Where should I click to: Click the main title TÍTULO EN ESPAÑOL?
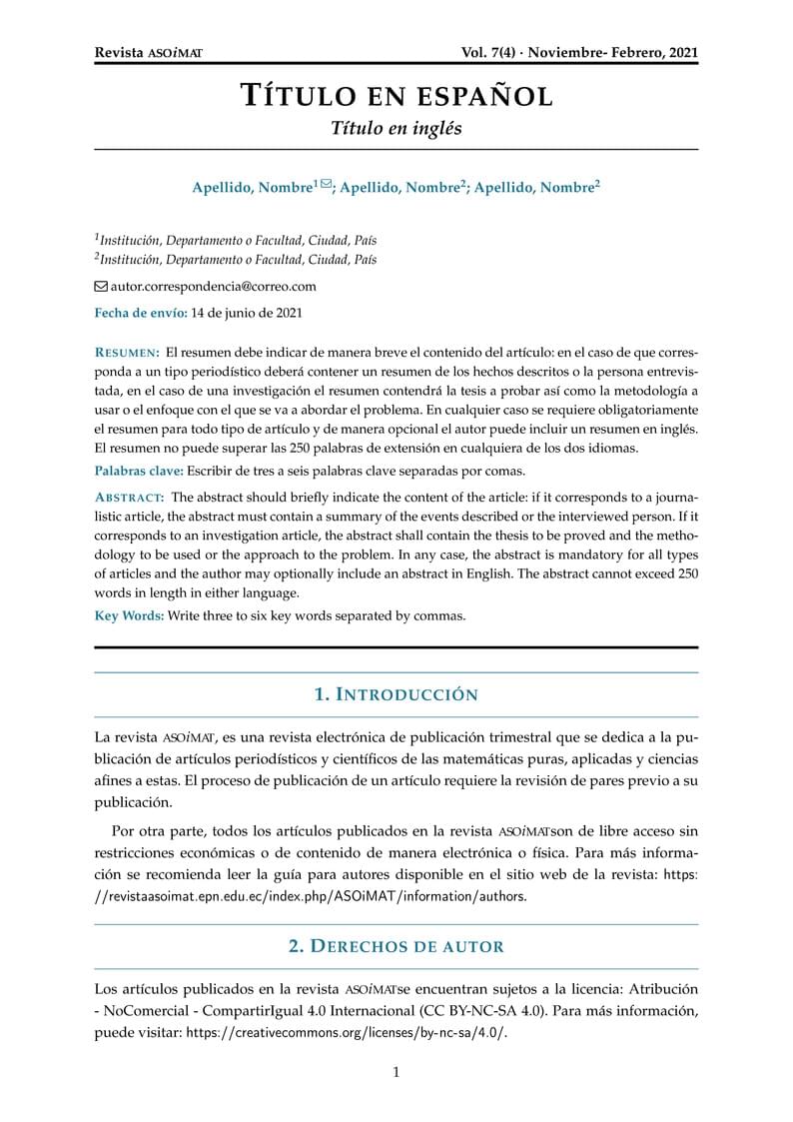point(396,96)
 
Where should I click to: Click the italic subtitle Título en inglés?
point(396,129)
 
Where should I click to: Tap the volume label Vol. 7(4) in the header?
point(489,53)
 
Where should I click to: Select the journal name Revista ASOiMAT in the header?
point(148,53)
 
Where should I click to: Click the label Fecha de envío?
point(140,313)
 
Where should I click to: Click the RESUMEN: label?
point(127,353)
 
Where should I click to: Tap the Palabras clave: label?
point(139,471)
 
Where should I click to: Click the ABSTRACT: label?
point(129,497)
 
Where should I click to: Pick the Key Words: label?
point(129,615)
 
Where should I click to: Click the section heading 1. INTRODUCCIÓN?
point(396,694)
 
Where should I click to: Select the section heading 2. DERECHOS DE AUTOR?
point(396,945)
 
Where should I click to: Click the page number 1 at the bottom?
point(396,1073)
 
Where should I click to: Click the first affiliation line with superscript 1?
point(236,240)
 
